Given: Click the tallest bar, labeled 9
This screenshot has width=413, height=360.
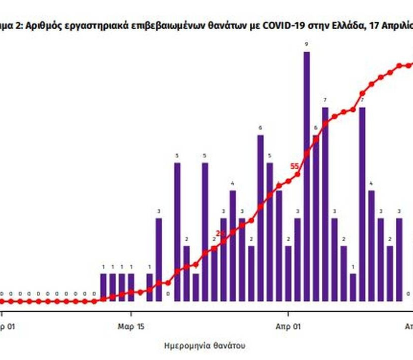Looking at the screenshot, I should point(306,176).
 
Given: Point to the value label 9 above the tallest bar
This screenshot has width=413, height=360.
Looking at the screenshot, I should point(306,45).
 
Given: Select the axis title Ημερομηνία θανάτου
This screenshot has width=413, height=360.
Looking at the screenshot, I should point(204,346).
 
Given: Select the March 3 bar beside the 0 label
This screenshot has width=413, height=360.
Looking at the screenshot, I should point(159,259).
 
